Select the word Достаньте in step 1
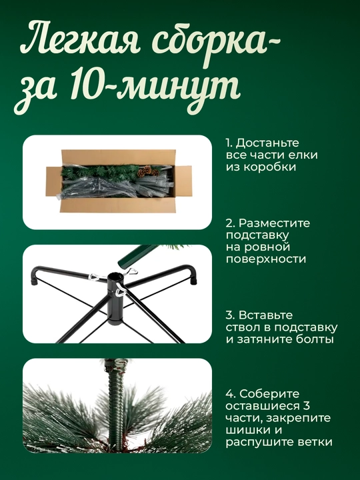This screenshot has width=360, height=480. click(267, 143)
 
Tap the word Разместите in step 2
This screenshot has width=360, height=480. click(274, 223)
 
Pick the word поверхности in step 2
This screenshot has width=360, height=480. click(266, 259)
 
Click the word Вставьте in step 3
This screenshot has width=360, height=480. click(265, 315)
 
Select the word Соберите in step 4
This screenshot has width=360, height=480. click(269, 394)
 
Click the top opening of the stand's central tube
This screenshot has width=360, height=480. click(116, 277)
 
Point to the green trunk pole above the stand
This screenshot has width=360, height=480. click(138, 256)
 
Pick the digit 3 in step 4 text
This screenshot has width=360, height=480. click(307, 406)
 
